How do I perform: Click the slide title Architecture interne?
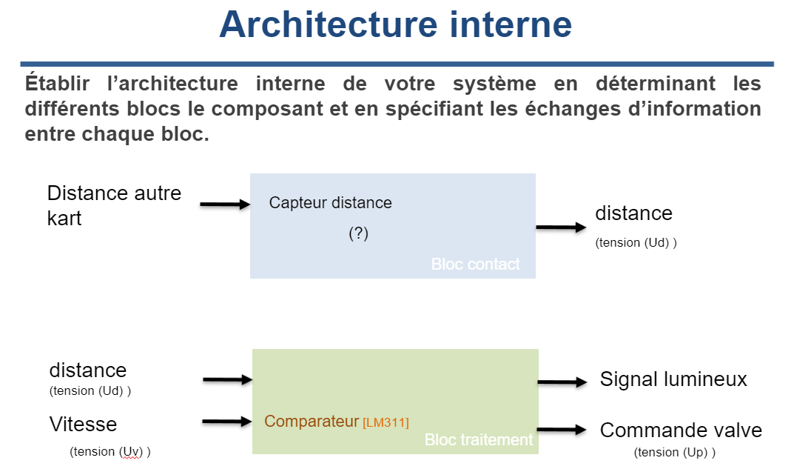click(395, 24)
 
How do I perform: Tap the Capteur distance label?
click(330, 202)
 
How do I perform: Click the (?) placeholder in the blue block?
click(358, 233)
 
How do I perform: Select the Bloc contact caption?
click(475, 265)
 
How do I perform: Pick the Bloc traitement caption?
click(478, 439)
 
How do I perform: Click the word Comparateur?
click(312, 422)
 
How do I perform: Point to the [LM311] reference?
click(386, 422)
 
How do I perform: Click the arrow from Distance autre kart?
click(226, 204)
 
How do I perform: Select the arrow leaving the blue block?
click(561, 227)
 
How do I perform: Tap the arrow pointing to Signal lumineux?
click(562, 382)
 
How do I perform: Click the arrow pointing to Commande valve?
click(562, 430)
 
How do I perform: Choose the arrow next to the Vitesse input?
click(227, 422)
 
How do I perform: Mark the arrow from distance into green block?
click(228, 380)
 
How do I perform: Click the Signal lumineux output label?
click(673, 380)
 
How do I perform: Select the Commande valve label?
click(681, 430)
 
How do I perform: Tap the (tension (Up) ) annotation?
click(674, 452)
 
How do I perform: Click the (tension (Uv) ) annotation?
click(115, 450)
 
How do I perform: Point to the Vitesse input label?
click(83, 424)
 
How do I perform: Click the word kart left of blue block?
click(64, 219)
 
